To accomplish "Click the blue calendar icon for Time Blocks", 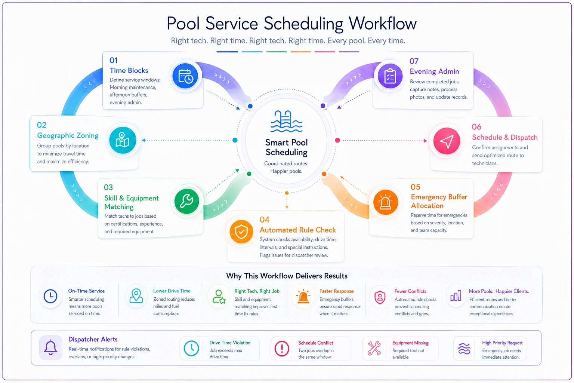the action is click(185, 76).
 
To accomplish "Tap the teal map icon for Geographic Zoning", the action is click(123, 140).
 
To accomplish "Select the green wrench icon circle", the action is click(187, 201).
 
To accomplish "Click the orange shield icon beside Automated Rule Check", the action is click(241, 232).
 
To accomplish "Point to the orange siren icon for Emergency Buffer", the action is click(385, 202).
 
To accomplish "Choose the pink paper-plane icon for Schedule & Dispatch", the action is click(447, 141).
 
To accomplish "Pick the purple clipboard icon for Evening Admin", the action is click(390, 76).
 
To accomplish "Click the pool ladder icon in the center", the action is click(287, 121).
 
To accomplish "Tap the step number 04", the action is click(265, 220).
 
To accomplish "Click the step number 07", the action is click(414, 61).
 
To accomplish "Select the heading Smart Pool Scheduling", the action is click(287, 147).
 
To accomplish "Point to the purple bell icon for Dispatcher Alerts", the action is click(50, 347).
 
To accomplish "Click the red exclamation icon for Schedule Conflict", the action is click(282, 349).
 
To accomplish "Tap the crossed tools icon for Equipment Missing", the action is click(374, 348).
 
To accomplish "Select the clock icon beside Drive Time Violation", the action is click(191, 348).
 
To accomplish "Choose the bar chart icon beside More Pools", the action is click(456, 295).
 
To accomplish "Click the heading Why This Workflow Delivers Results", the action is click(287, 276).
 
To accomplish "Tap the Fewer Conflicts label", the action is click(410, 291).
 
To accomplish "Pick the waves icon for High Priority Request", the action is click(464, 349).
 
